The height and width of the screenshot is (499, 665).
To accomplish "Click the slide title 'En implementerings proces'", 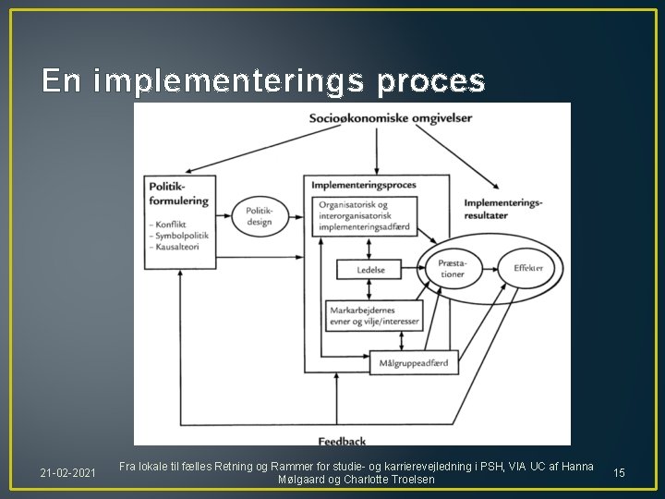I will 263,82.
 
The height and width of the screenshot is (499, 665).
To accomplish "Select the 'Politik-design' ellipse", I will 259,217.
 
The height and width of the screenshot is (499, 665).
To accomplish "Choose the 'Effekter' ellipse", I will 527,268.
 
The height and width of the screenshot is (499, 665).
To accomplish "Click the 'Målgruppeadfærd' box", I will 412,363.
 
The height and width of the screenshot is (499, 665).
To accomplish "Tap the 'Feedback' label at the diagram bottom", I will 344,440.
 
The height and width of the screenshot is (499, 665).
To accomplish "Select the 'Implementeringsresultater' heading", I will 503,208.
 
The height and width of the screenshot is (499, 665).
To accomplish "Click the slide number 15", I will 619,473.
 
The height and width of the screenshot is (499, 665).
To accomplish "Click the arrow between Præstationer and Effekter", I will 491,268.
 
